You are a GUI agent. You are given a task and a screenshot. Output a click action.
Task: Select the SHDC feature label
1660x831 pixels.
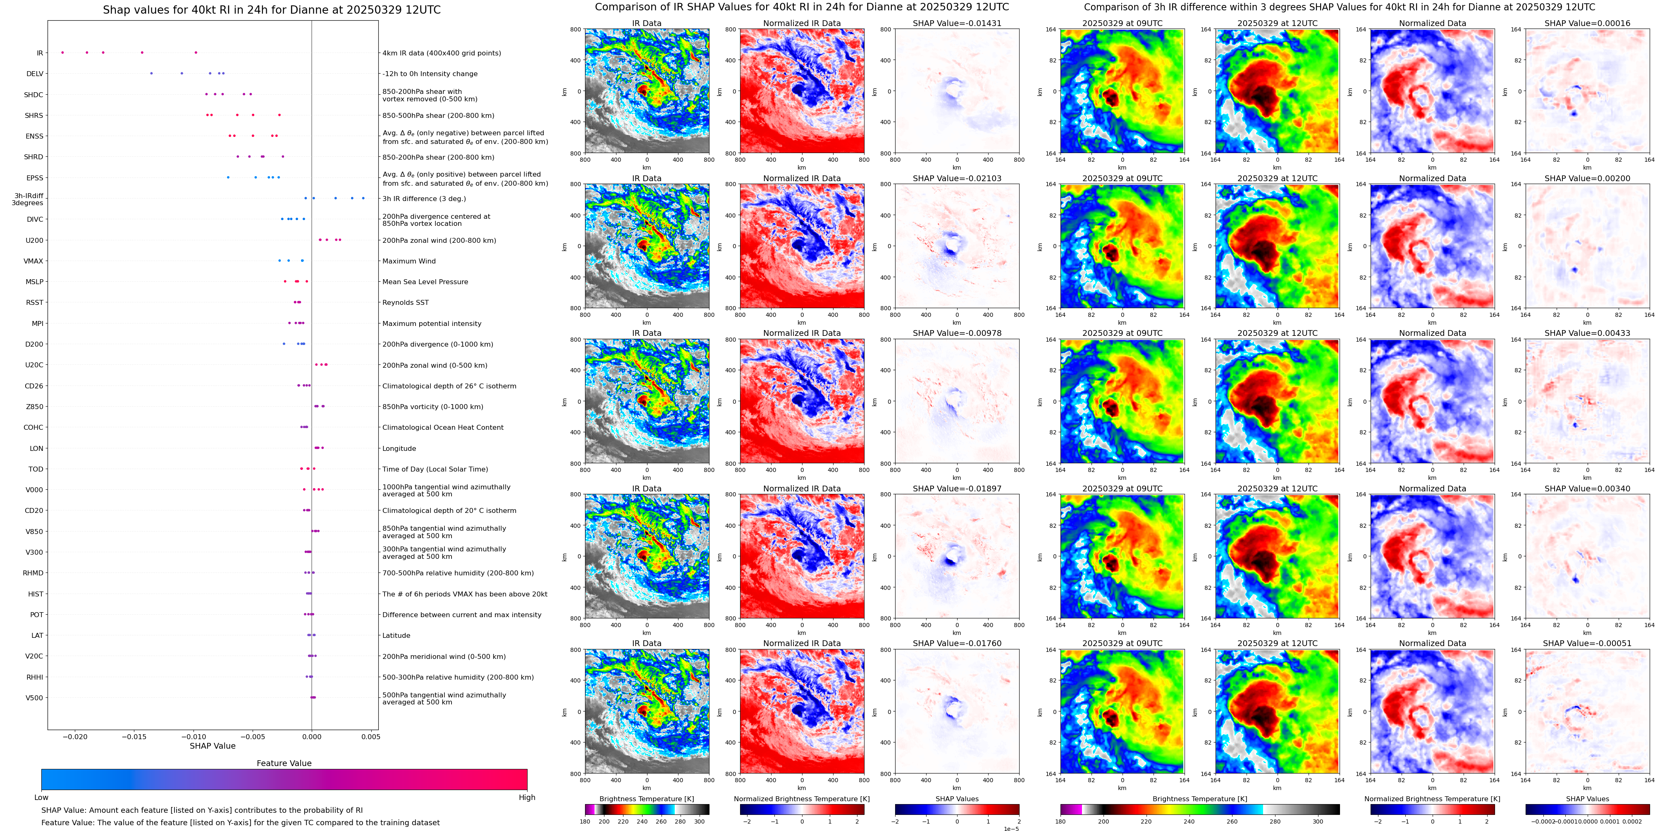coord(33,95)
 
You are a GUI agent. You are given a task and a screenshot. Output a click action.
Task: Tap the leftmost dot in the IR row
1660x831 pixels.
coord(62,52)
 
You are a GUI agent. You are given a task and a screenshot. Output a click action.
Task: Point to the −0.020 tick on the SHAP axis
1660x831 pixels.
coord(75,736)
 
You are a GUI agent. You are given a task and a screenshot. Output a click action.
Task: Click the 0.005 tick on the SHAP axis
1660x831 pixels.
coord(370,736)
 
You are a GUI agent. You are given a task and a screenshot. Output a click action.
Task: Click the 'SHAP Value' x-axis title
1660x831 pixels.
coord(212,746)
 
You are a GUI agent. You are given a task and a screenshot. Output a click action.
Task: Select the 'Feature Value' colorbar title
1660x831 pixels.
coord(284,763)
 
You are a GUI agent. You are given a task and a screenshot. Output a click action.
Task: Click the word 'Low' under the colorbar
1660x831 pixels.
coord(41,797)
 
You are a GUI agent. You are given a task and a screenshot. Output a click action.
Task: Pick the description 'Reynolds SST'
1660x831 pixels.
coord(405,302)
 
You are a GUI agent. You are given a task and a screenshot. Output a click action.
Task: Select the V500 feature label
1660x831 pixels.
coord(34,697)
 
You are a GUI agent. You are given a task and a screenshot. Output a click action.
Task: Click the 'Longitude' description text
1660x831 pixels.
coord(399,449)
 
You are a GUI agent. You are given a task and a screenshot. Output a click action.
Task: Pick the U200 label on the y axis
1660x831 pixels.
coord(34,240)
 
